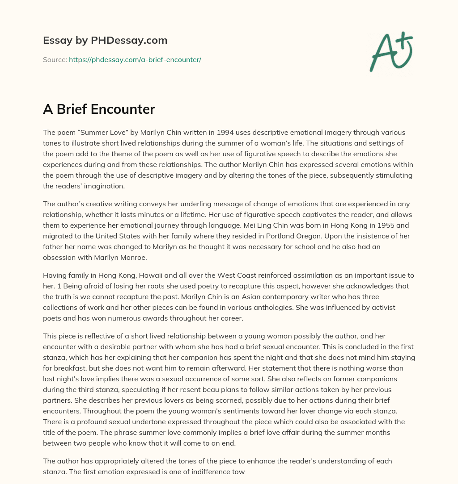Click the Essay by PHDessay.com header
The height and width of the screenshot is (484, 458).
point(105,41)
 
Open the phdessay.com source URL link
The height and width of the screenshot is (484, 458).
point(135,59)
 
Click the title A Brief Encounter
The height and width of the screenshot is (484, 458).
point(99,109)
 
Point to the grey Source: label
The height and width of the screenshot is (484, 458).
point(55,59)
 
